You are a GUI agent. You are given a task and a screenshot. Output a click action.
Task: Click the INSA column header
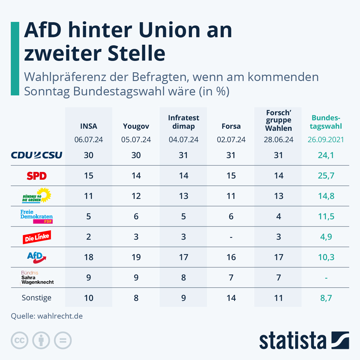click(88, 126)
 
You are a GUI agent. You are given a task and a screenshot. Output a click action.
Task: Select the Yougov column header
click(136, 126)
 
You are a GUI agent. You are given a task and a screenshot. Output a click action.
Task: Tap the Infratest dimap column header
click(184, 122)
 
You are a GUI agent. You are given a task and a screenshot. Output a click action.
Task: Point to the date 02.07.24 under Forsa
click(231, 139)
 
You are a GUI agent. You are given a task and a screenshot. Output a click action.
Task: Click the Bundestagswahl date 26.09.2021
click(326, 139)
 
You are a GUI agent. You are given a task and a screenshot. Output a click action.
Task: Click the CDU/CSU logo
click(37, 155)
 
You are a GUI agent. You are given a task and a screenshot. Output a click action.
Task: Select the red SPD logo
click(37, 176)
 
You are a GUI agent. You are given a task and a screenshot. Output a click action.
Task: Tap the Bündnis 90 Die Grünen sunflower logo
click(37, 196)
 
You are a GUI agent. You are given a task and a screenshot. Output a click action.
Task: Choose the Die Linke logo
click(37, 237)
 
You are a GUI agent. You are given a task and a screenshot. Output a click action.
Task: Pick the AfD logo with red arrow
click(37, 257)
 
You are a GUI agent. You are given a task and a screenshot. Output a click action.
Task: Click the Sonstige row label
click(37, 298)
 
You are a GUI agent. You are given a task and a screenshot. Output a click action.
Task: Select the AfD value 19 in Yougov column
click(136, 257)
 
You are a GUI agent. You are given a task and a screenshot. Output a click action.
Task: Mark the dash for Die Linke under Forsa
click(231, 237)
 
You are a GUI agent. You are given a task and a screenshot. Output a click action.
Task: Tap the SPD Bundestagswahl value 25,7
click(326, 175)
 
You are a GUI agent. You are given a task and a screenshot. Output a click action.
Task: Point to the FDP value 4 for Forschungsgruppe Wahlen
click(278, 216)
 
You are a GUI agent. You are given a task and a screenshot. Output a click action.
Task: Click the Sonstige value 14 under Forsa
click(231, 298)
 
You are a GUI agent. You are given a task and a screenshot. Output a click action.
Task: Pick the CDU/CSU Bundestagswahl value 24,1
click(326, 155)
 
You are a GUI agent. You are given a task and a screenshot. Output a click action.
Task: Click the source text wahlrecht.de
click(60, 316)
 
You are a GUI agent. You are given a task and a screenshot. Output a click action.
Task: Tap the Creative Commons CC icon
click(19, 340)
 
